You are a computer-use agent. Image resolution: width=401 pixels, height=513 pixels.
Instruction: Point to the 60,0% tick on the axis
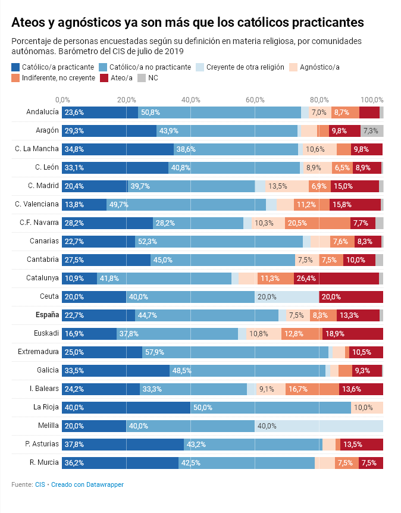[x=255, y=99]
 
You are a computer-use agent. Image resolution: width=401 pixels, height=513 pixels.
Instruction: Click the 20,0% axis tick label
[x=126, y=99]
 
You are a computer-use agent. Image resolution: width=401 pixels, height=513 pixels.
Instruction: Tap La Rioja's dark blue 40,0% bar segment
[x=126, y=408]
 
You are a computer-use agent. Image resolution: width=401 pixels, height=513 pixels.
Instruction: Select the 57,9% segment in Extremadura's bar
[x=235, y=352]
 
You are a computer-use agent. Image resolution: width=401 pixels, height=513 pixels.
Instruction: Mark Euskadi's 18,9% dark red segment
[x=353, y=334]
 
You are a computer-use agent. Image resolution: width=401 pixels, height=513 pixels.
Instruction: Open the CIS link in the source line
[x=40, y=485]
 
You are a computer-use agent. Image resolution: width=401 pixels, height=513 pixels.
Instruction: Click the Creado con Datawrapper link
[x=87, y=485]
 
